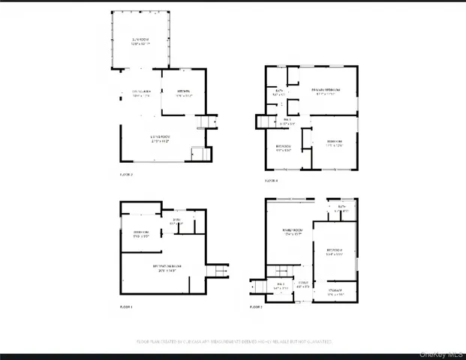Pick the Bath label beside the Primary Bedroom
point(278,93)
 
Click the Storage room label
point(335,292)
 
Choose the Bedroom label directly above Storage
point(335,251)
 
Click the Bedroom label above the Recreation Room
point(141,234)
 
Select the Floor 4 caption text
point(271,181)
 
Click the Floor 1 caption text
point(126,307)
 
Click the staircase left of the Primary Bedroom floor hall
point(264,122)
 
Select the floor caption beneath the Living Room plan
point(126,174)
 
